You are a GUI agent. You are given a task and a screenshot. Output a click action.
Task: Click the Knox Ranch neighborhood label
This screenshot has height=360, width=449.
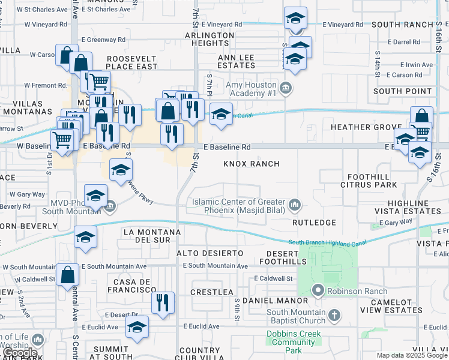coord(252,164)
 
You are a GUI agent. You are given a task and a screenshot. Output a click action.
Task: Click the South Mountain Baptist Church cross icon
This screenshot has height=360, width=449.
coord(334,314)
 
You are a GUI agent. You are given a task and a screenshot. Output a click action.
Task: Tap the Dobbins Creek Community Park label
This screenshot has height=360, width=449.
coord(292,343)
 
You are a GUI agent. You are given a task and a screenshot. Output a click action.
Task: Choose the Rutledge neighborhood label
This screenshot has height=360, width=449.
coord(314,222)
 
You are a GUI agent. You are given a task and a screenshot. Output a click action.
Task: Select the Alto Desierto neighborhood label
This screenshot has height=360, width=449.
coord(210,254)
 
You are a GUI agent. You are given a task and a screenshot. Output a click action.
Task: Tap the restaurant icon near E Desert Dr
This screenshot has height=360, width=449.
coord(163,302)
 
